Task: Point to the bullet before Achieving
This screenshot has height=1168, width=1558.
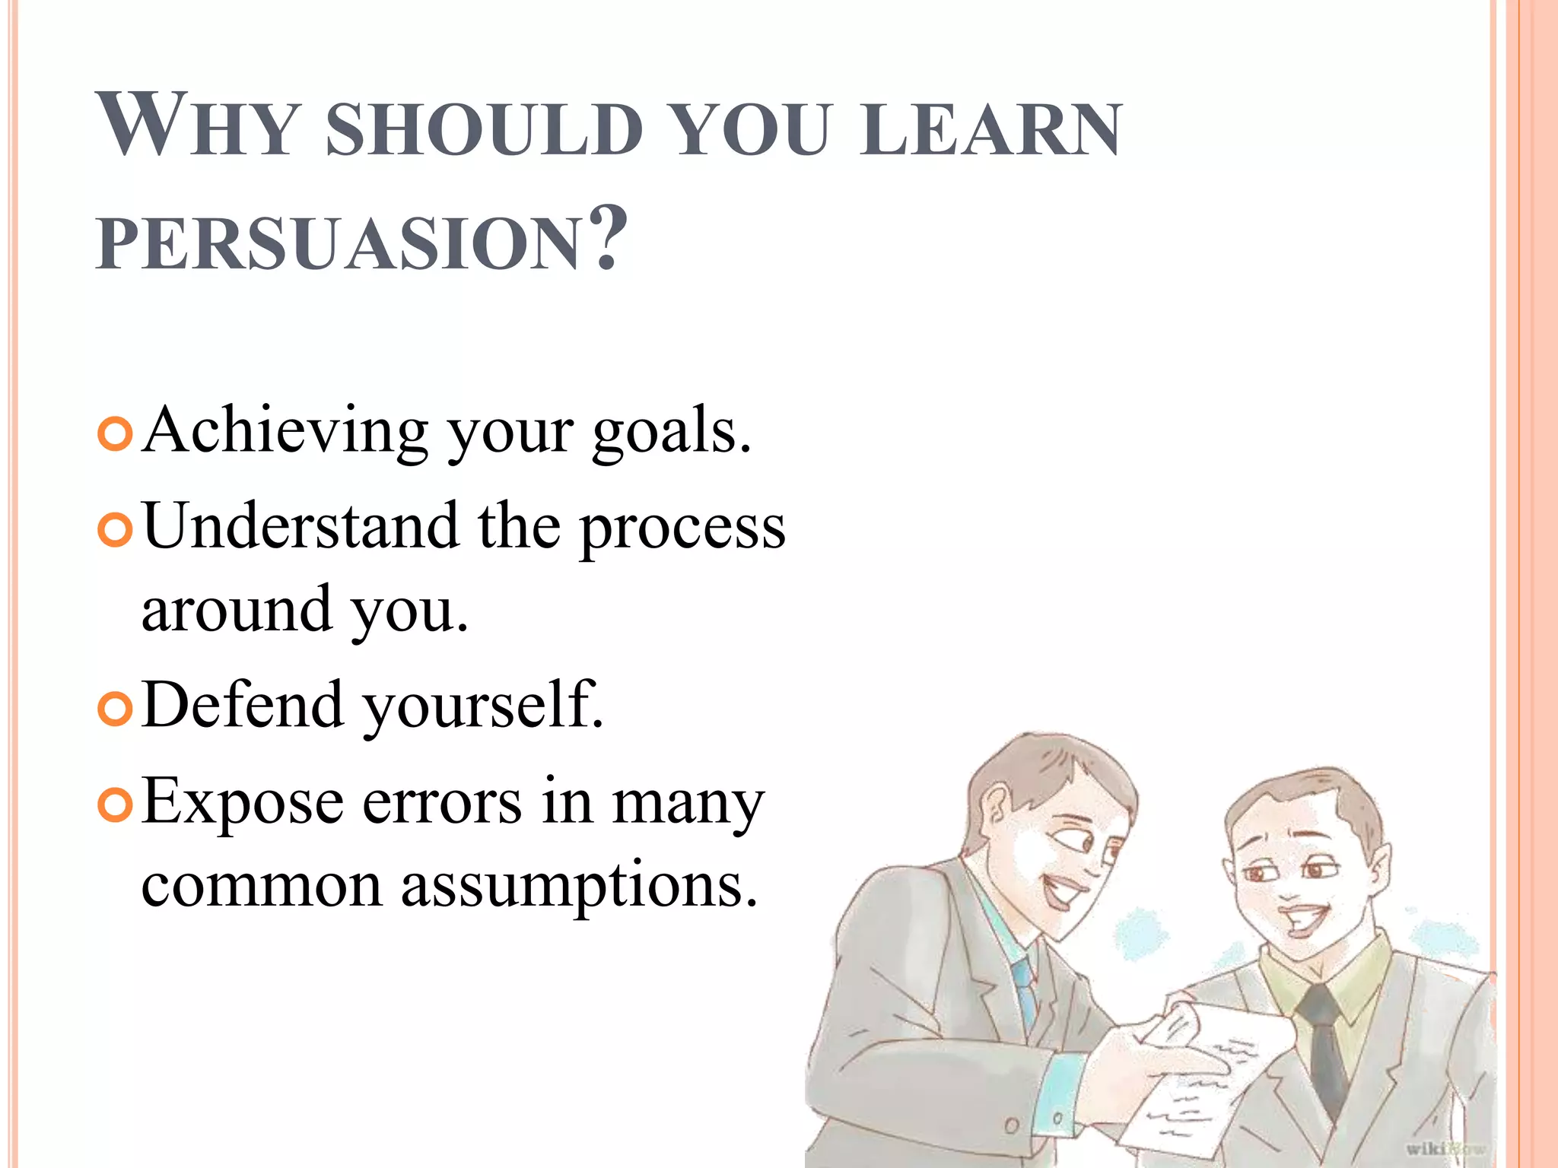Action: [x=116, y=433]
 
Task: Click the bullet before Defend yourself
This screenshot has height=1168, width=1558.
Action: [x=116, y=708]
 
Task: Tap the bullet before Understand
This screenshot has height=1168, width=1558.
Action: [x=116, y=529]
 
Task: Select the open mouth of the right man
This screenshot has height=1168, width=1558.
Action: [x=1303, y=920]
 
